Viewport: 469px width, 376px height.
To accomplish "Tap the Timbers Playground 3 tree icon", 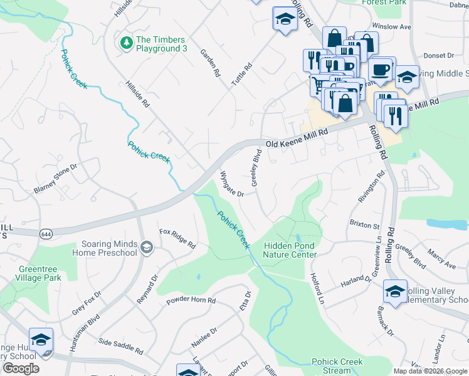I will point(126,43).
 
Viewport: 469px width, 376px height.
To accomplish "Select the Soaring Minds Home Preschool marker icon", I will point(146,248).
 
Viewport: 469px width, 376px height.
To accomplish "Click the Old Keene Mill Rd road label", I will point(297,138).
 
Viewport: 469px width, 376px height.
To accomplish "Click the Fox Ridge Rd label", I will point(177,238).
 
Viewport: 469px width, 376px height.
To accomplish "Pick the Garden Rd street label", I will point(211,63).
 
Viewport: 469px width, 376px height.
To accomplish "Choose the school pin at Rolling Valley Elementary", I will point(395,291).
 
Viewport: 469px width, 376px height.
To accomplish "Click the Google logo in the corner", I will point(21,368).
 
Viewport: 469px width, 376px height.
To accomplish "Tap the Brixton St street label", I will point(364,224).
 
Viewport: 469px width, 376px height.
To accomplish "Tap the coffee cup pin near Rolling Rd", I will point(381,70).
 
